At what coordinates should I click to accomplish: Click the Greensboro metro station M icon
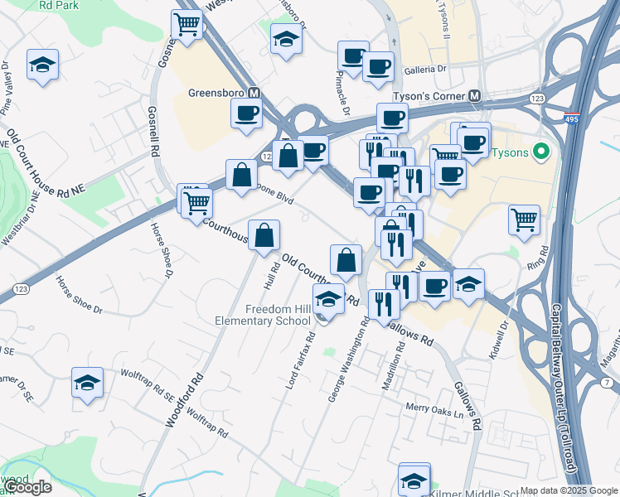(254, 94)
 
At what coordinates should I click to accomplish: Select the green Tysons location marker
(541, 152)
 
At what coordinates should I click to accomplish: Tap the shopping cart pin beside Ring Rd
(524, 219)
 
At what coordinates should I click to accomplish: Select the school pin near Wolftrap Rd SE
(87, 382)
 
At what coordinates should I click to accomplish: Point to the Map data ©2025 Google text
(569, 490)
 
